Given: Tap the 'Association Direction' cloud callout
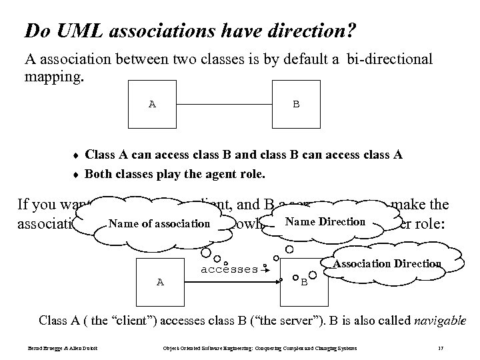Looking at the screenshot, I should tap(387, 264).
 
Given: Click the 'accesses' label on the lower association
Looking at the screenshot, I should tap(229, 270).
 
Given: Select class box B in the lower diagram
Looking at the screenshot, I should tap(303, 282).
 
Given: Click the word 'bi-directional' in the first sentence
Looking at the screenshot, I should tap(390, 59).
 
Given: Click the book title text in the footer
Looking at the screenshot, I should tap(261, 349).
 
